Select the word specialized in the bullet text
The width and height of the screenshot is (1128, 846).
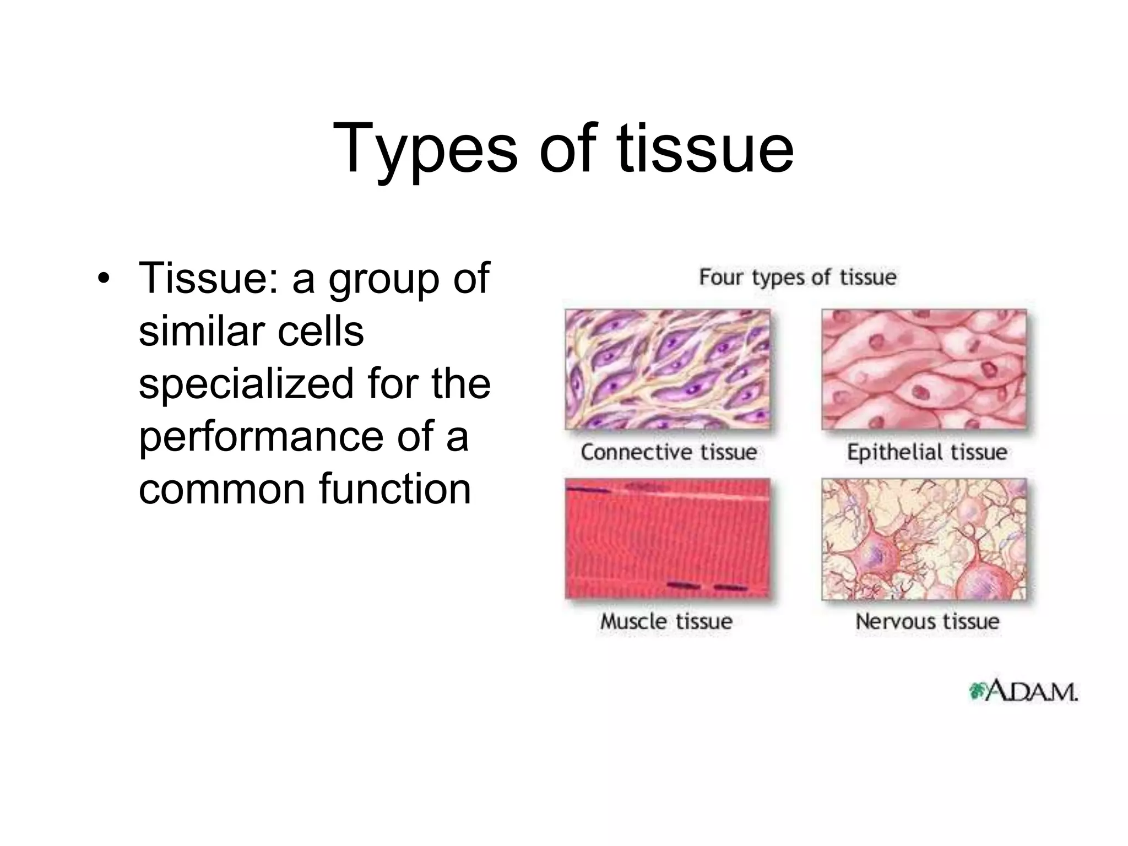(246, 384)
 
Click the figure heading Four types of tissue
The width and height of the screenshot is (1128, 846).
(798, 276)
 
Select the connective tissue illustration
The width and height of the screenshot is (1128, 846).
(667, 369)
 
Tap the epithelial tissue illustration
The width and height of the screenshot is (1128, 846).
(924, 369)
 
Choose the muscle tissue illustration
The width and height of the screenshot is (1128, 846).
(667, 538)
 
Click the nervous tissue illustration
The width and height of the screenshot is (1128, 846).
(924, 538)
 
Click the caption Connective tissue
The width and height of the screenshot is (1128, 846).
(669, 452)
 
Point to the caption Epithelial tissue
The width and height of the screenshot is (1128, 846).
(926, 452)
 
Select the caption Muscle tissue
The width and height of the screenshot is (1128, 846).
(666, 621)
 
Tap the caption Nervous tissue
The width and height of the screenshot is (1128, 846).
(927, 621)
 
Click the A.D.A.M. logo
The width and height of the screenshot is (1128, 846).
(1022, 692)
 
